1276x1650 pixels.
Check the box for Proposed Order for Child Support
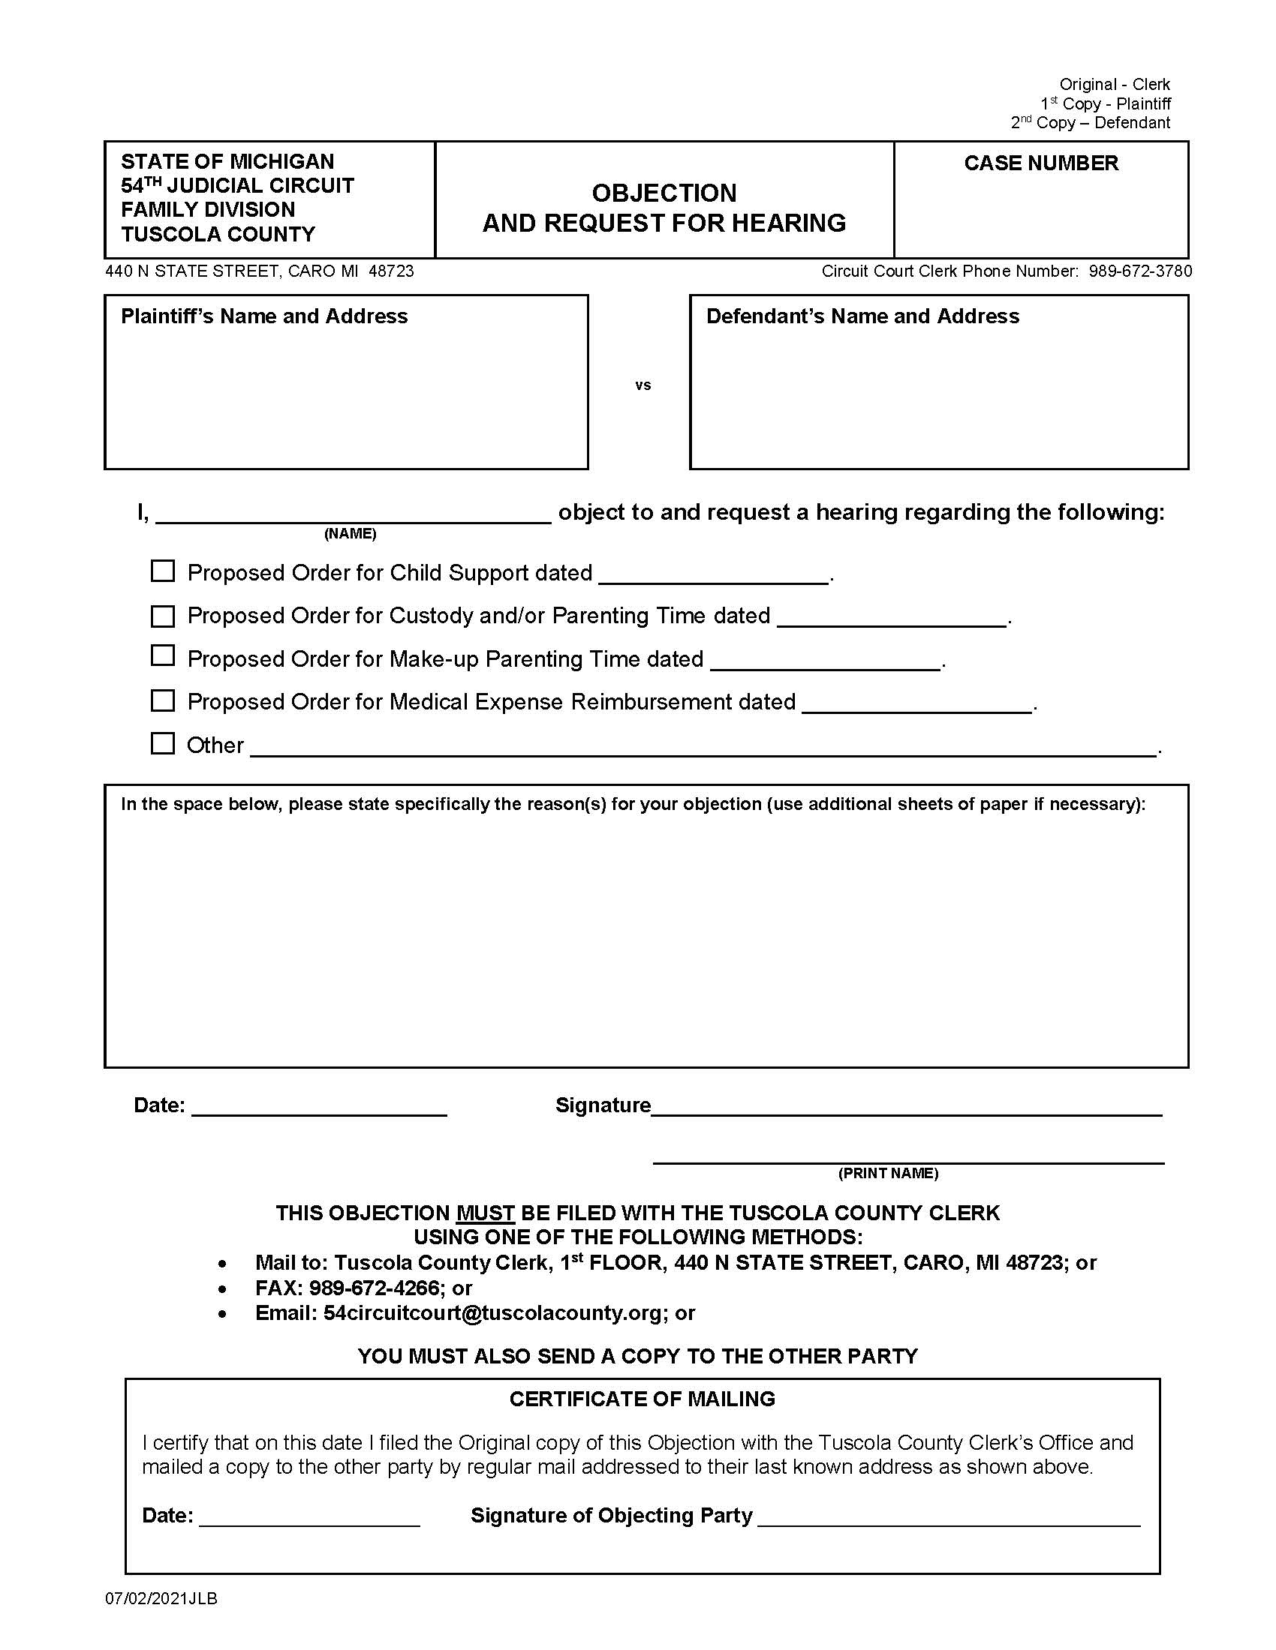click(163, 571)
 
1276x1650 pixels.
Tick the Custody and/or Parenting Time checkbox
click(163, 616)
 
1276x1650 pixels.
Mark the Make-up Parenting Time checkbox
click(163, 655)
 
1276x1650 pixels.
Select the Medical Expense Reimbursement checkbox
click(163, 700)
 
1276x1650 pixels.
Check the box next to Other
click(163, 743)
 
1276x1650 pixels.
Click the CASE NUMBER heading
click(1040, 163)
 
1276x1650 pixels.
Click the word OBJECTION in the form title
click(664, 193)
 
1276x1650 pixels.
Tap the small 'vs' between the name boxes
click(643, 385)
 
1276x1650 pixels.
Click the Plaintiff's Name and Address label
click(263, 316)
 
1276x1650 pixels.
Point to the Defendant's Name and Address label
click(862, 316)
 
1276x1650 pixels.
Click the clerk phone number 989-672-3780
click(1140, 271)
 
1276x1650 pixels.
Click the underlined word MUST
click(486, 1213)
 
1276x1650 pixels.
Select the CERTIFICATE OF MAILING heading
click(642, 1399)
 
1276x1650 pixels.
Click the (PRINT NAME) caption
click(887, 1173)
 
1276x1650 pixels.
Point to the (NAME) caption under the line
click(350, 534)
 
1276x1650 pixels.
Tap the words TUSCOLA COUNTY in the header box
click(218, 234)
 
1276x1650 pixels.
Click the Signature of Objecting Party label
click(611, 1516)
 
